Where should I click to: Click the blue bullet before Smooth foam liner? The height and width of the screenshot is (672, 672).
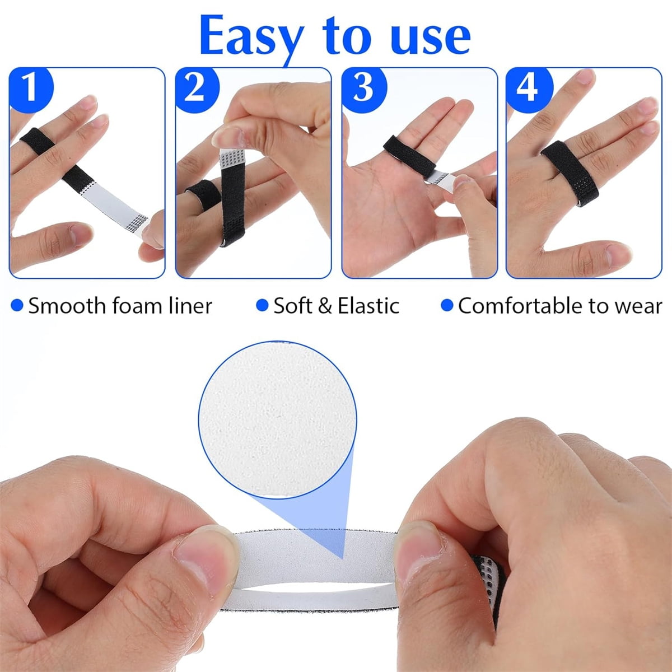(17, 305)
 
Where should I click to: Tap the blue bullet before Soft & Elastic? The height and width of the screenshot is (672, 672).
(262, 305)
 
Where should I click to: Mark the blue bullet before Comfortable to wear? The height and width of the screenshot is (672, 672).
(447, 305)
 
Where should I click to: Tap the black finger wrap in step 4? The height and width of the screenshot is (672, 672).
(570, 172)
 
